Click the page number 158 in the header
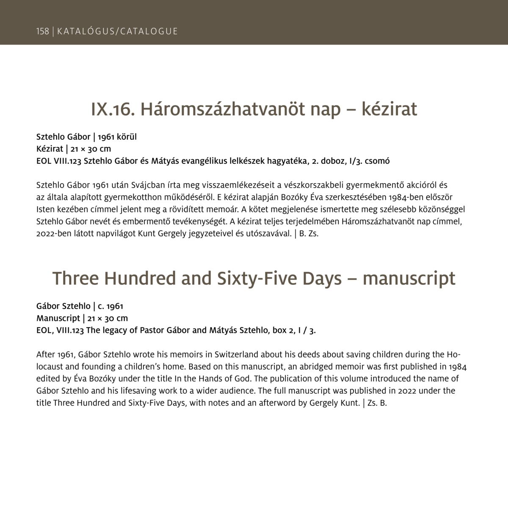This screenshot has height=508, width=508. click(42, 31)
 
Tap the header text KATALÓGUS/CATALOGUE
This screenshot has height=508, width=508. click(117, 31)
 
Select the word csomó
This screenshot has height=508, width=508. click(378, 161)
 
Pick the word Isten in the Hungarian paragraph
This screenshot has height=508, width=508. click(45, 209)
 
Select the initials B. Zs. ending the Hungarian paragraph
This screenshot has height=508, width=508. click(309, 233)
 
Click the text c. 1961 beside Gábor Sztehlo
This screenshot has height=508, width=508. click(110, 306)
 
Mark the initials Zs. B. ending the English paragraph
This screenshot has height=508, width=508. click(378, 403)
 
